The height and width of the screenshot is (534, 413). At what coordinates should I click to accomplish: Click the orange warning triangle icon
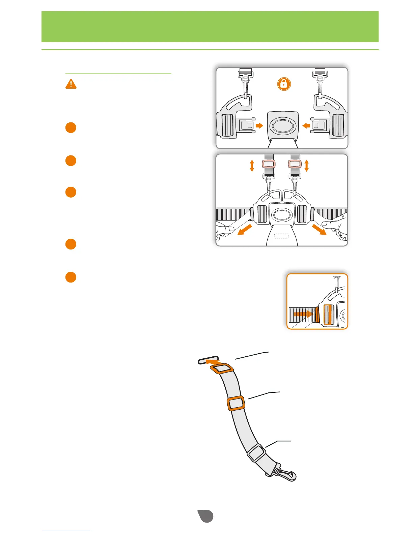click(71, 84)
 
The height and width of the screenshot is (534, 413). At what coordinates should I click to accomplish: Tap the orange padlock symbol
click(284, 84)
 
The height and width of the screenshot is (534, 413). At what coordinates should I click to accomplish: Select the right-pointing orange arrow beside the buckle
click(259, 126)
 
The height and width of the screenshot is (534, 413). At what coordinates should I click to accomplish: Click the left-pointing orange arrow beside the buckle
click(306, 126)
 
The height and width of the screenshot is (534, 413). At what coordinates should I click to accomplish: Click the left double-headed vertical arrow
click(252, 166)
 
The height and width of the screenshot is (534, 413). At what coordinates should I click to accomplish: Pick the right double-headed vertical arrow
click(306, 166)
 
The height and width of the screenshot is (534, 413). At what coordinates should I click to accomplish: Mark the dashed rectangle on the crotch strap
click(281, 236)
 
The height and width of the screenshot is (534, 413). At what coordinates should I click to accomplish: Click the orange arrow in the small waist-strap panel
click(303, 314)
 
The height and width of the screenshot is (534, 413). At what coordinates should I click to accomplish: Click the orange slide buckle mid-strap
click(236, 403)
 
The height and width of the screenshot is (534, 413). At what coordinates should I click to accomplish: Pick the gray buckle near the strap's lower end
click(256, 453)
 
